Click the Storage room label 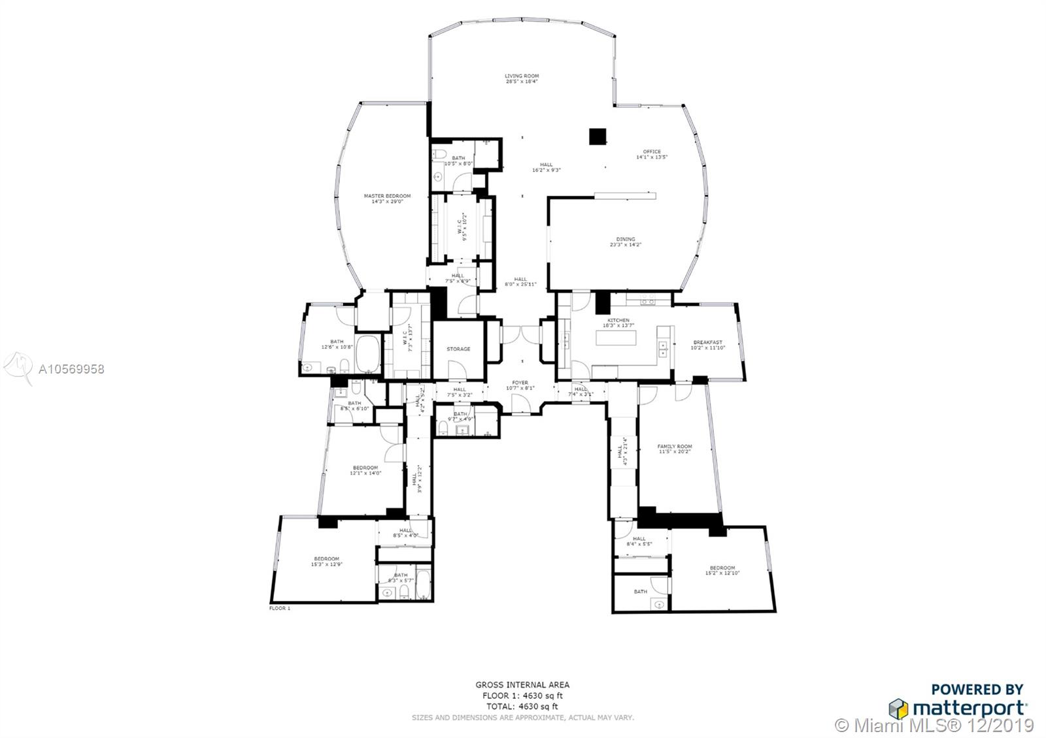pyautogui.click(x=458, y=349)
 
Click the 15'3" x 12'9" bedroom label pyautogui.click(x=326, y=561)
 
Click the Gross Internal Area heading pyautogui.click(x=522, y=684)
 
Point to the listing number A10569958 pyautogui.click(x=71, y=369)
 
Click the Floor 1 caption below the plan pyautogui.click(x=279, y=608)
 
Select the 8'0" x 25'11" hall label pyautogui.click(x=520, y=281)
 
